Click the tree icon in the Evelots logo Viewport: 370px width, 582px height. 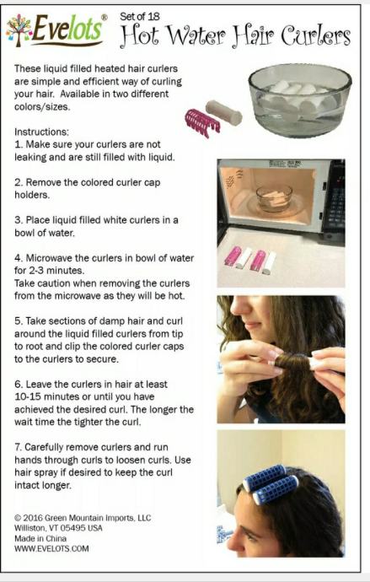coord(19,30)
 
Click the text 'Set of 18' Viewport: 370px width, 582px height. coord(139,16)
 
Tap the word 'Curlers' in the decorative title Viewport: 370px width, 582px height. coord(315,36)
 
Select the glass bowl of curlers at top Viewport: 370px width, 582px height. coord(299,100)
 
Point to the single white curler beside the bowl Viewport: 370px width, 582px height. coord(224,112)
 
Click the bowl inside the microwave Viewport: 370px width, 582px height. coord(275,198)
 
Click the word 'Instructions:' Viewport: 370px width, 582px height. coord(41,132)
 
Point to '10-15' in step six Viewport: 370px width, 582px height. coord(28,396)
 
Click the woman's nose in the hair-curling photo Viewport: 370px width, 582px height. coord(239,306)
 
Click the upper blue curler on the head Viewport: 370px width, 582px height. coord(265,477)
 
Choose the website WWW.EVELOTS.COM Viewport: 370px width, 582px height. coord(51,548)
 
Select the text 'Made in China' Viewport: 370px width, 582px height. coord(40,538)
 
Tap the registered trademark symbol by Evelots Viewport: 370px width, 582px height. coord(105,17)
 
